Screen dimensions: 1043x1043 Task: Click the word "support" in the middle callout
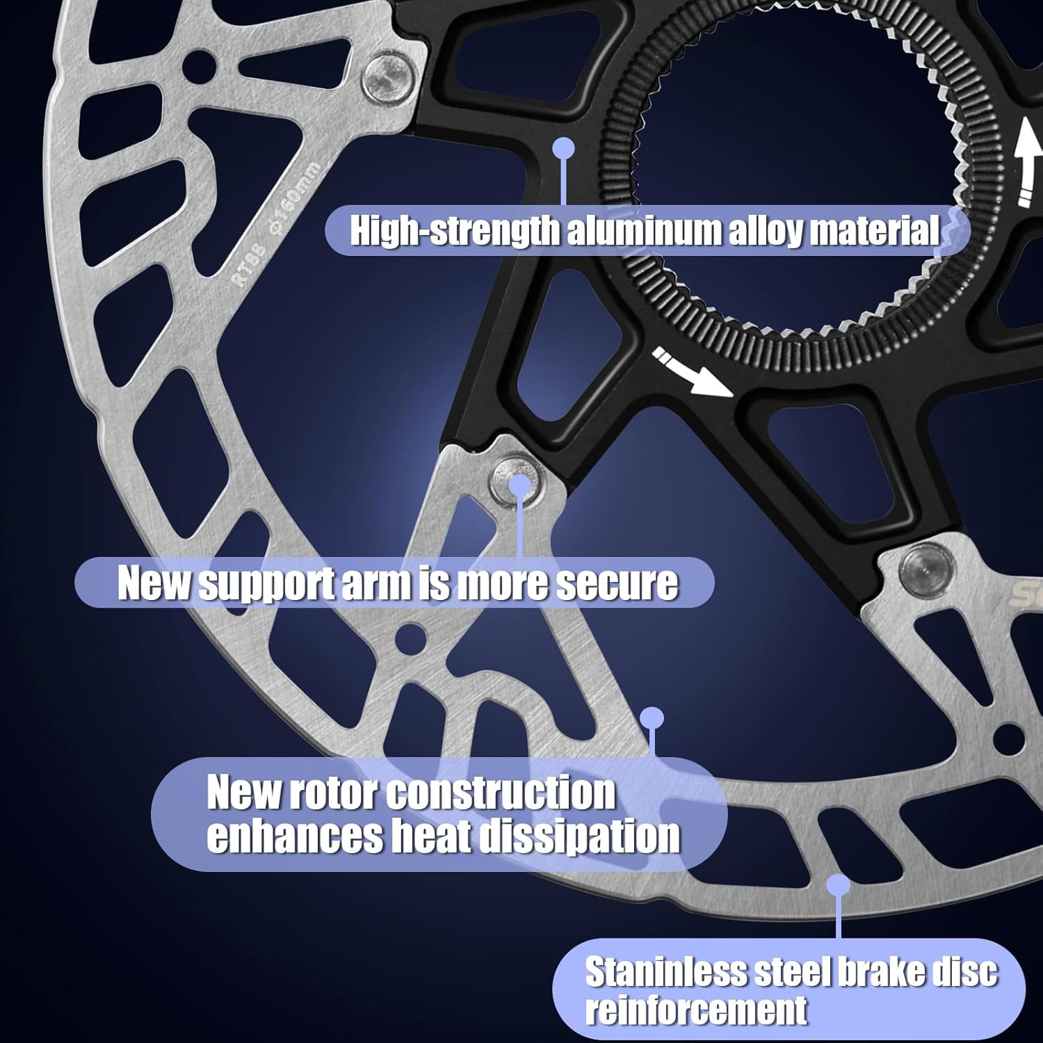pyautogui.click(x=268, y=583)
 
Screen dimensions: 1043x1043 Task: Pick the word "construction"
pyautogui.click(x=501, y=793)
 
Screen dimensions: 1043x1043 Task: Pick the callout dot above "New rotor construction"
pyautogui.click(x=652, y=718)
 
